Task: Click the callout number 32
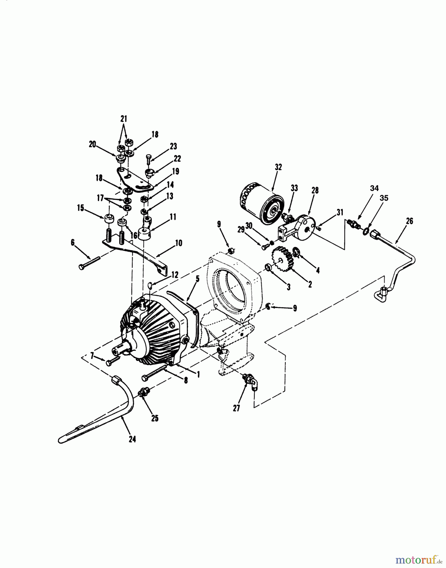click(278, 167)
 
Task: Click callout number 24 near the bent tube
click(132, 439)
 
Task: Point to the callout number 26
click(409, 221)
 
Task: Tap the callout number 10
click(178, 243)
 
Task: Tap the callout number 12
click(175, 275)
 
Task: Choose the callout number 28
click(315, 190)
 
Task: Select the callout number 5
click(197, 279)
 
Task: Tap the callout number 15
click(80, 208)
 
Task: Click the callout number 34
click(374, 188)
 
